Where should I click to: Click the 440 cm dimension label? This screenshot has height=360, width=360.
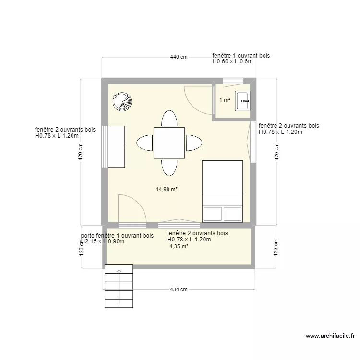179,57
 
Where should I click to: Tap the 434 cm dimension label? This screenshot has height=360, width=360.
178,289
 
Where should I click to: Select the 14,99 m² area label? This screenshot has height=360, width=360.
167,189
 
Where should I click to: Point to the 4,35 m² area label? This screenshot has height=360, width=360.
179,246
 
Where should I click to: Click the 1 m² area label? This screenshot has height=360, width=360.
225,100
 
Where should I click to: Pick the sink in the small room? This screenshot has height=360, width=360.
242,101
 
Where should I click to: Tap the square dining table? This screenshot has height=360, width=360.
169,143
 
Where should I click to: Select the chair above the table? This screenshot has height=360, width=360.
169,118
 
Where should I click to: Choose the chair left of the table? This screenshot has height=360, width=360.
145,143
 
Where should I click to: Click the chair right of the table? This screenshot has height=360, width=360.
193,143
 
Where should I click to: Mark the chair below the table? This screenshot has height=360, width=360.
169,167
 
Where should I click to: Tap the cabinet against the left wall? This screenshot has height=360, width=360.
116,146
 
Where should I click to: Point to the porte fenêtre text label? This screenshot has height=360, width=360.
118,236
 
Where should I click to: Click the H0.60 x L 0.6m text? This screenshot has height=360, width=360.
232,62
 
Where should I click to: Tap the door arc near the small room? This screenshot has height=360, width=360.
197,100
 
